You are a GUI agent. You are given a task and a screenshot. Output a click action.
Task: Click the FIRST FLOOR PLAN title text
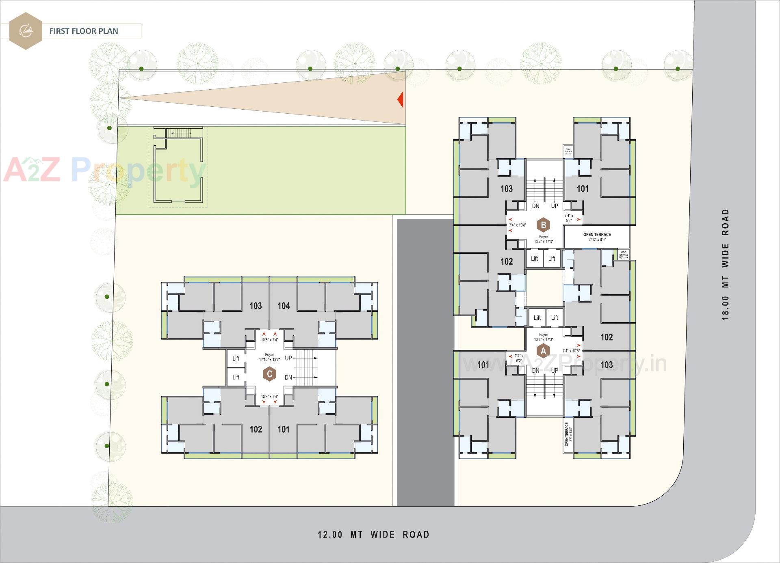tap(84, 31)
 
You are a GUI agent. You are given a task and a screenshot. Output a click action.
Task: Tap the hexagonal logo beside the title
tap(26, 31)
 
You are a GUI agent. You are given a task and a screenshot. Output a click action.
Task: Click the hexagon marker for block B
tap(543, 224)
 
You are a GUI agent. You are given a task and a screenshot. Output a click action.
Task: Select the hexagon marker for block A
tap(543, 350)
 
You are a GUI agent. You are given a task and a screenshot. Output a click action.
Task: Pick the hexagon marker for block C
tap(269, 374)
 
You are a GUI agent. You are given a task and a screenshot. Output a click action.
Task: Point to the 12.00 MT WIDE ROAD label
tap(373, 535)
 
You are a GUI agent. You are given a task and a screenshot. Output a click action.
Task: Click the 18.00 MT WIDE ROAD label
tap(726, 265)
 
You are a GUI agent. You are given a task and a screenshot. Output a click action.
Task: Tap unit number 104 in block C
tap(284, 306)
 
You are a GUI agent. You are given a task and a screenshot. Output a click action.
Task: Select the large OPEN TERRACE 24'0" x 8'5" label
tap(597, 237)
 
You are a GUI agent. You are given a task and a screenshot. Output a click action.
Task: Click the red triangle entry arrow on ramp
tap(401, 99)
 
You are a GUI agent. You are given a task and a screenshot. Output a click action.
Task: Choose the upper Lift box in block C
tap(236, 358)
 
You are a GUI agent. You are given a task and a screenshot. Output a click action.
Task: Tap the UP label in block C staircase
tap(288, 358)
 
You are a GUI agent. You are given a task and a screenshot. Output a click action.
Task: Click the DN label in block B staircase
tap(536, 206)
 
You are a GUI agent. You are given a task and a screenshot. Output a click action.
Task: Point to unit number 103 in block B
tap(506, 189)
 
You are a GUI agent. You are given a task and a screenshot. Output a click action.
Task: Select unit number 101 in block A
tap(483, 365)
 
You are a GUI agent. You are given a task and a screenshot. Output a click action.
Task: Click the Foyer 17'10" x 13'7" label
tap(269, 357)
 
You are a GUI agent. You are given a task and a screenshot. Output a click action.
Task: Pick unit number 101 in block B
tap(583, 189)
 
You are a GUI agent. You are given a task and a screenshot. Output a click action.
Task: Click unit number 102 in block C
tap(256, 429)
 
